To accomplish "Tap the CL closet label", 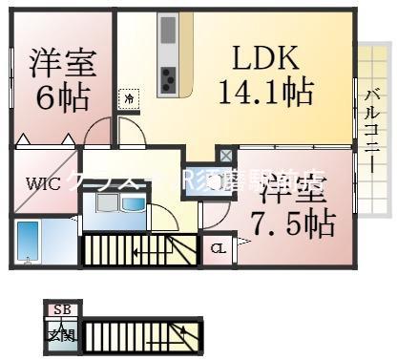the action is (x=218, y=249).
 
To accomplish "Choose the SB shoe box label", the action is (x=62, y=309).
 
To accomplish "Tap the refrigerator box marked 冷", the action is (x=128, y=97).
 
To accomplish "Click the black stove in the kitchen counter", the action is (x=168, y=80).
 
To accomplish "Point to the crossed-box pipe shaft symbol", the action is (x=224, y=154).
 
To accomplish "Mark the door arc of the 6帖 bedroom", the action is (x=98, y=134).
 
